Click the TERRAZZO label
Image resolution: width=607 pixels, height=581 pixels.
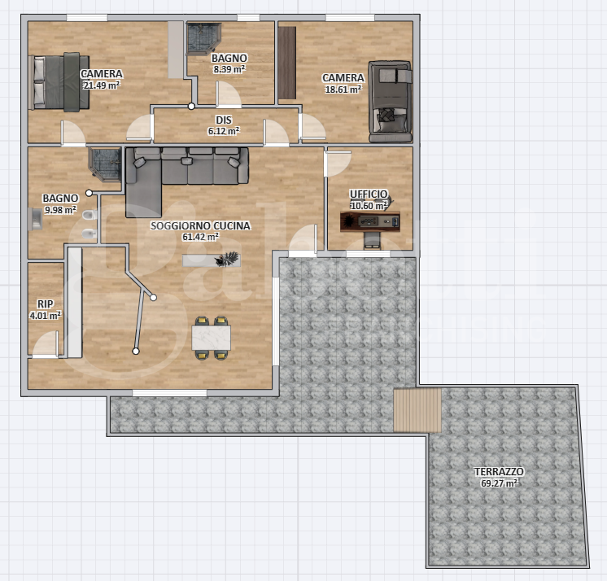point(499,471)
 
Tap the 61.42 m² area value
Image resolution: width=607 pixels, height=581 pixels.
point(200,237)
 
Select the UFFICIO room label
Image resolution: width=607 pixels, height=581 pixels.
point(368,194)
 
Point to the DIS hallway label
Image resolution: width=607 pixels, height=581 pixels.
point(224,120)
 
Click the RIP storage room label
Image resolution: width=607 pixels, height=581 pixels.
point(45,304)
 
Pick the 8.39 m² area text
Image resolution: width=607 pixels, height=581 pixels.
point(229,69)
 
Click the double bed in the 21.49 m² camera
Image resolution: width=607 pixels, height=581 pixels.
point(59,82)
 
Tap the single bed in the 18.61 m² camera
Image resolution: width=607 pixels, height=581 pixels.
point(390,102)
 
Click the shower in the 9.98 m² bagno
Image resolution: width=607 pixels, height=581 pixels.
point(106,164)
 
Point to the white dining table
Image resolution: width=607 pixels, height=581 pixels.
point(212,338)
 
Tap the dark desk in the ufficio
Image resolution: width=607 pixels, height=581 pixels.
point(369,222)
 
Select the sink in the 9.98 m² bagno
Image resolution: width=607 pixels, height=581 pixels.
point(35,219)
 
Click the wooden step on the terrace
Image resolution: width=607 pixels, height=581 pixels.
point(417,410)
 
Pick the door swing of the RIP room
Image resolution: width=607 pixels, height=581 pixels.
point(46,343)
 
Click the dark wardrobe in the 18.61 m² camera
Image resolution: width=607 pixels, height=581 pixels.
point(287,63)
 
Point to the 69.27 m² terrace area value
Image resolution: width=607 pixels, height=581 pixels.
point(499,483)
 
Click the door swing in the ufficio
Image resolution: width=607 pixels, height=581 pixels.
point(338,164)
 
